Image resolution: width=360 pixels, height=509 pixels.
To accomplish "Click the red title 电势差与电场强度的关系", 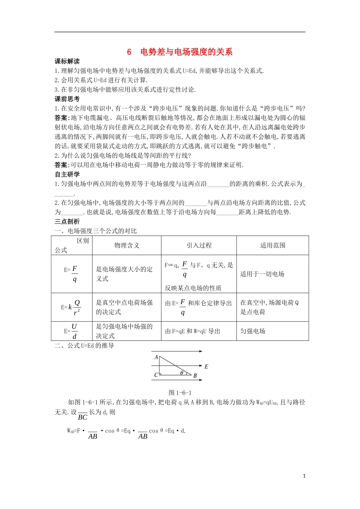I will (x=186, y=52).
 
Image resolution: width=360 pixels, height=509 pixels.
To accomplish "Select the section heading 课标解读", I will (x=67, y=61).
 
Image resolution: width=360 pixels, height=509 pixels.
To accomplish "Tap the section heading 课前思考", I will (x=67, y=99).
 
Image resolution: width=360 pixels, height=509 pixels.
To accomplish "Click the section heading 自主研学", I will (x=67, y=174).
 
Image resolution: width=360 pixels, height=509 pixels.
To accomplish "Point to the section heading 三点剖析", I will (x=67, y=222).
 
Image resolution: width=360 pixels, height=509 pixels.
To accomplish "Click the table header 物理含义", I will (x=127, y=245).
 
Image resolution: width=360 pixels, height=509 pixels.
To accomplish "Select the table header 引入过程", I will (x=199, y=245).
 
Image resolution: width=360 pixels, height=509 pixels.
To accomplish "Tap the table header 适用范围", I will (x=272, y=245).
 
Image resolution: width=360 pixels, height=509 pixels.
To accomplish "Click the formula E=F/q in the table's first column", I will (x=72, y=273).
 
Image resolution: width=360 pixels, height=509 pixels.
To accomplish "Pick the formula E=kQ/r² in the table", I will (x=71, y=307).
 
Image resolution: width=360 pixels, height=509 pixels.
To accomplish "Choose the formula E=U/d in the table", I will (x=71, y=331).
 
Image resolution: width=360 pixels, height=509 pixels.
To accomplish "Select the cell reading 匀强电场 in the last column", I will (x=253, y=331).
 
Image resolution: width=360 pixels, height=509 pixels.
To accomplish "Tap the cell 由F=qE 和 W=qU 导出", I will (x=193, y=331).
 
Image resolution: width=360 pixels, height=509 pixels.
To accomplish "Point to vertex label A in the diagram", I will (x=156, y=357).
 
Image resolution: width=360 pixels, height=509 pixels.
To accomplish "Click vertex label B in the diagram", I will (x=195, y=376).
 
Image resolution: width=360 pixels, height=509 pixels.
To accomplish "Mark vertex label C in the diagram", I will (x=156, y=375).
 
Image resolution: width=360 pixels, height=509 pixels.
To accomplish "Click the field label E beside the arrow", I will (x=206, y=367).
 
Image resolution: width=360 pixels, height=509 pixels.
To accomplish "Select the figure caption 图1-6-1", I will (x=180, y=393).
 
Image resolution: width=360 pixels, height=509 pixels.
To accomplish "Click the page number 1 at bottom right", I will (x=304, y=476).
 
